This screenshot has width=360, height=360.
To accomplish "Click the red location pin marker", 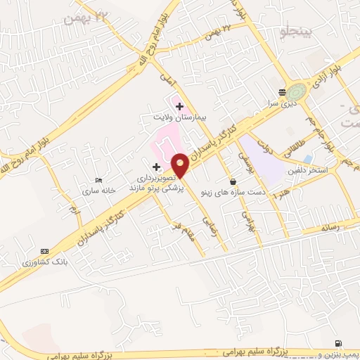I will pyautogui.click(x=181, y=165).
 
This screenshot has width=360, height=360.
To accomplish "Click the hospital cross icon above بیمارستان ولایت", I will pyautogui.click(x=180, y=105).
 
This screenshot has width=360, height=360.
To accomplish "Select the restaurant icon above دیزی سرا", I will pyautogui.click(x=282, y=92).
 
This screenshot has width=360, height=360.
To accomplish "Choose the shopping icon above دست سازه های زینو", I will pyautogui.click(x=233, y=181).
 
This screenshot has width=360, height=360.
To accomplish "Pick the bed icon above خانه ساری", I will pyautogui.click(x=98, y=181).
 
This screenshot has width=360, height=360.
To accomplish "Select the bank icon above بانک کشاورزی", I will pyautogui.click(x=46, y=251).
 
